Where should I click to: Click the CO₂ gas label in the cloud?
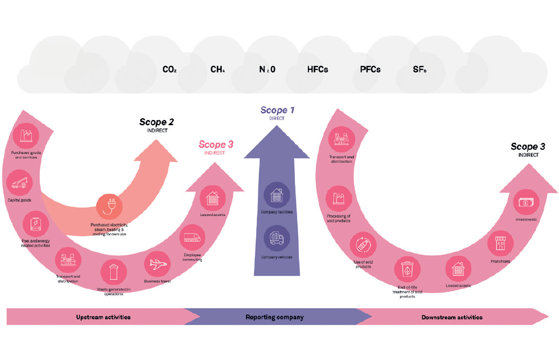(169, 70)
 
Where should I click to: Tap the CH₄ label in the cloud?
(218, 70)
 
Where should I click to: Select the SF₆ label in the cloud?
(419, 70)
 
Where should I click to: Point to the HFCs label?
(317, 70)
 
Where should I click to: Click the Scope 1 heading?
(277, 110)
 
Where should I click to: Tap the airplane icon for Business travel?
(157, 264)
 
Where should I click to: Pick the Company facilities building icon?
(277, 195)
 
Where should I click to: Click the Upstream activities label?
(103, 317)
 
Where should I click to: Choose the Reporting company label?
(275, 317)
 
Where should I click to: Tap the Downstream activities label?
(451, 317)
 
